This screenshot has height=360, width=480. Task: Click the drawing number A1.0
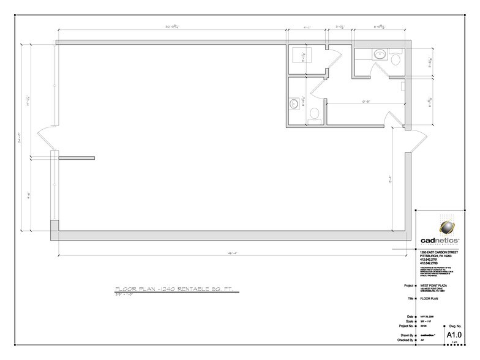(x=454, y=336)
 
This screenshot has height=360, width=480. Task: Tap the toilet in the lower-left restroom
(x=314, y=114)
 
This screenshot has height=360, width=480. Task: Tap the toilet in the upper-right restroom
(x=395, y=60)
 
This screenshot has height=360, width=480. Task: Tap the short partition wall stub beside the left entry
(x=76, y=158)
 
